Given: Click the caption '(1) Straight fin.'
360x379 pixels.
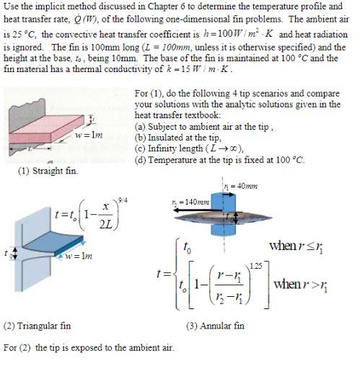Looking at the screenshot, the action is coord(47,170).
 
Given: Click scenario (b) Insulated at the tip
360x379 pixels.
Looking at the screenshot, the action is coord(178,135).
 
